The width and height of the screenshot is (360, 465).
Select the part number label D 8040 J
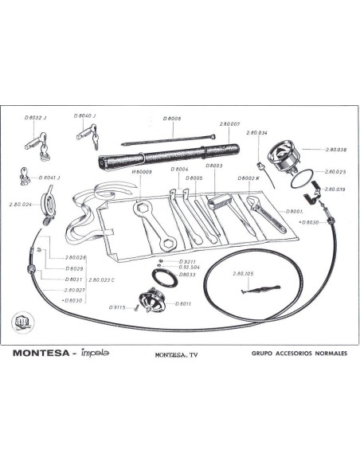(x=85, y=115)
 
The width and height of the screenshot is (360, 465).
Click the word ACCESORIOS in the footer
(x=288, y=352)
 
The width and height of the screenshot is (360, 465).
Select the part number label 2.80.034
(x=256, y=132)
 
